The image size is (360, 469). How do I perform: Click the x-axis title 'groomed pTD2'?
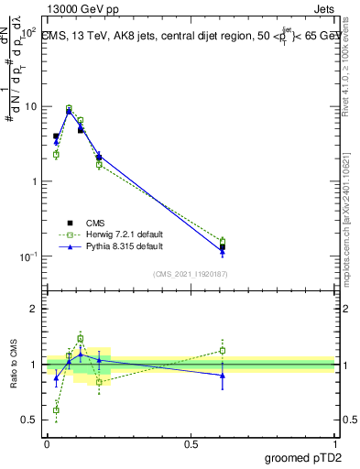pos(302,455)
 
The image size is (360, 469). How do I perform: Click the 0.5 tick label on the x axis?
pos(191,442)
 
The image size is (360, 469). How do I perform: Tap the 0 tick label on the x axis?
pos(47,442)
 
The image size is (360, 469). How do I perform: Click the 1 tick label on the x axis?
pos(334,442)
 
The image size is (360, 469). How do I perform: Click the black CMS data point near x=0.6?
pos(223,246)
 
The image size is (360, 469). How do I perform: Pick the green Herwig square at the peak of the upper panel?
pos(69,108)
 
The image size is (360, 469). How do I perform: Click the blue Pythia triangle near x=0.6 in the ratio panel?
pos(223,375)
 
